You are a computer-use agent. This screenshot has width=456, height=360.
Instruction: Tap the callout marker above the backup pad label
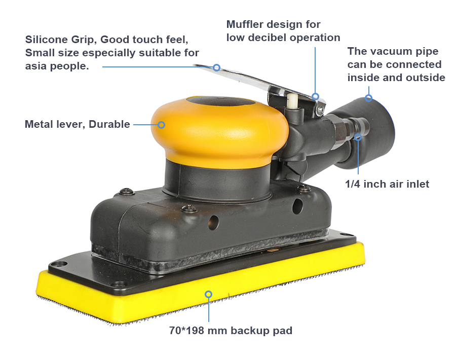point(208,294)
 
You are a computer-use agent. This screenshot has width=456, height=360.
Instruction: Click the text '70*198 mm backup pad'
point(231,331)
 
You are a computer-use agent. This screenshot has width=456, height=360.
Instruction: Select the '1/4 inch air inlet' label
point(387,184)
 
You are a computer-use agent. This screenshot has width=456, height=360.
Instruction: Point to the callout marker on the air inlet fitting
point(358,137)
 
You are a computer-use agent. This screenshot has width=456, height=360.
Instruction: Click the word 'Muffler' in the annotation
point(245,24)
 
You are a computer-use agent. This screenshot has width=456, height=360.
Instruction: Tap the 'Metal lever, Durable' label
point(78,124)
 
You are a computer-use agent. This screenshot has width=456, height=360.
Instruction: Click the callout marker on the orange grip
point(162,125)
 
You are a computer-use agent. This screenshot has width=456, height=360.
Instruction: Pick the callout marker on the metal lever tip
point(216,67)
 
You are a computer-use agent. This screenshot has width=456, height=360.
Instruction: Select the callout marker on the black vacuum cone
point(368,98)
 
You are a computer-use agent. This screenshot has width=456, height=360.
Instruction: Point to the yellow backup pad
point(201,282)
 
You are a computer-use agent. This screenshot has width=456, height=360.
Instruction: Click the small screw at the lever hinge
point(320,110)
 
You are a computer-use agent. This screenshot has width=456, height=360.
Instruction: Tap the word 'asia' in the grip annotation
point(36,66)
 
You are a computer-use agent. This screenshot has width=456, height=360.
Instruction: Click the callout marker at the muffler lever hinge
point(316,96)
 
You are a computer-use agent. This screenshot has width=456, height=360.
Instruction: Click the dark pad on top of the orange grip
point(221,101)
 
